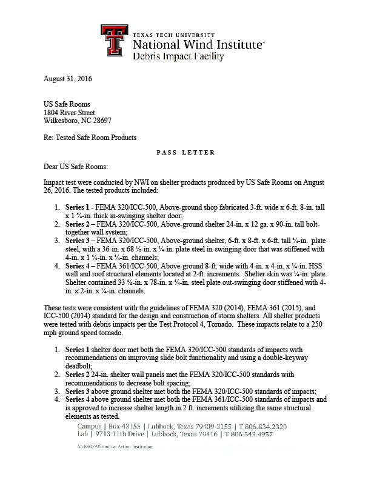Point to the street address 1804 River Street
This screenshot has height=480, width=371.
coord(69,112)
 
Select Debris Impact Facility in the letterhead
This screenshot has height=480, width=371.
coord(170,57)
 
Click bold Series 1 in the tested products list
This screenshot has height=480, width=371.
coord(79,207)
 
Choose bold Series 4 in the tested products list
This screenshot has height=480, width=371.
coord(79,266)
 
